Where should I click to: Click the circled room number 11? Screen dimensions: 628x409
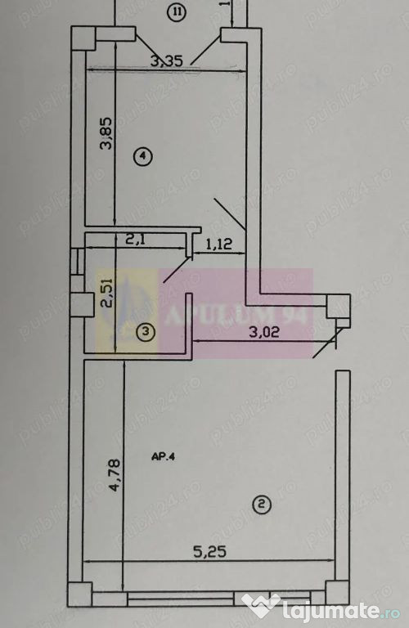(176, 11)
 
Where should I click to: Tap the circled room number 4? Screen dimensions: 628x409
(144, 155)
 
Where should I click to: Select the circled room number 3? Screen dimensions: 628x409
(145, 332)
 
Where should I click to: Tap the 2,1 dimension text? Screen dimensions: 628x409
(136, 241)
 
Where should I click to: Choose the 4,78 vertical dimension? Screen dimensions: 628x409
(115, 475)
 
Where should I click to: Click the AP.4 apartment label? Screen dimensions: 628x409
(163, 457)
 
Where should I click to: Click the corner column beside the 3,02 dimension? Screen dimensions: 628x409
(338, 308)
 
